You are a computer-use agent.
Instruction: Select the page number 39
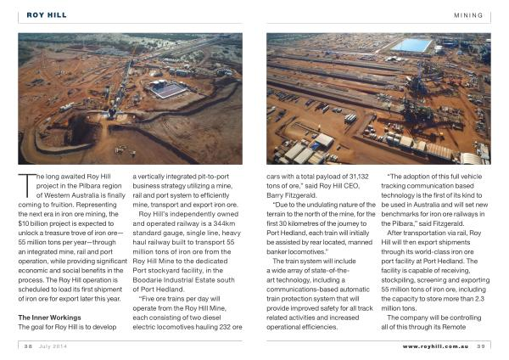tap(481, 346)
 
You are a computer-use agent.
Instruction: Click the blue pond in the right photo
tap(411, 45)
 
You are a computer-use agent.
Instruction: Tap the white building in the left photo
tap(169, 89)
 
